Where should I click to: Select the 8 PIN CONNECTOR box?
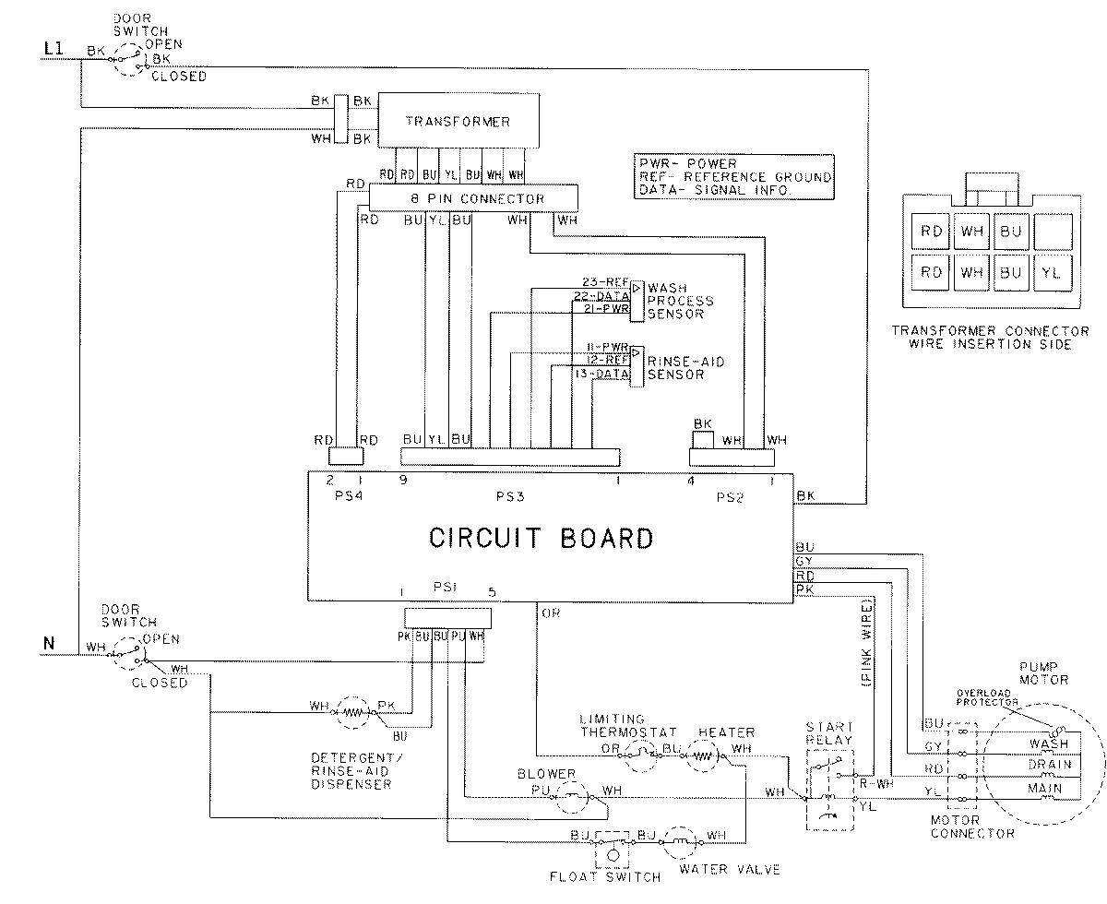(x=473, y=198)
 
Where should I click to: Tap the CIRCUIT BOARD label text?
(x=542, y=538)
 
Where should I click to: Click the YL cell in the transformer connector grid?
(x=1051, y=272)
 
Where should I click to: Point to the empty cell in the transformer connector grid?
(x=1051, y=231)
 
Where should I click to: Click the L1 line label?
(x=54, y=52)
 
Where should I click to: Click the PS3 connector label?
(x=509, y=496)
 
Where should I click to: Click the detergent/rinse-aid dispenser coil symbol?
(x=352, y=711)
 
